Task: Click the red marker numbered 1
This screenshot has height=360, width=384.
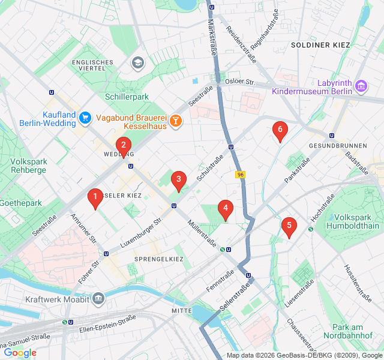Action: pyautogui.click(x=94, y=197)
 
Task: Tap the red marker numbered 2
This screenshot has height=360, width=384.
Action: pyautogui.click(x=123, y=146)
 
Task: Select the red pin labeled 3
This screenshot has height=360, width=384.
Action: pyautogui.click(x=178, y=180)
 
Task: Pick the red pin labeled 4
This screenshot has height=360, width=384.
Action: pyautogui.click(x=225, y=209)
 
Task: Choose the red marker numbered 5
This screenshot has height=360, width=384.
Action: pyautogui.click(x=289, y=226)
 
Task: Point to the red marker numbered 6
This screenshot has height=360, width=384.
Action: pyautogui.click(x=278, y=130)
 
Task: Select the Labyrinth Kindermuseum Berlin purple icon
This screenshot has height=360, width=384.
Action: pyautogui.click(x=361, y=86)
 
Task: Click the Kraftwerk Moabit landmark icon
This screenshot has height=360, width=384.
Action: pyautogui.click(x=98, y=298)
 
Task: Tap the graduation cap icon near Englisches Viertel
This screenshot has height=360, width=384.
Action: pyautogui.click(x=138, y=62)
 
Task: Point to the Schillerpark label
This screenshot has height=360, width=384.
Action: pyautogui.click(x=127, y=97)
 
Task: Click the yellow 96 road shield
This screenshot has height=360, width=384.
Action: pyautogui.click(x=241, y=175)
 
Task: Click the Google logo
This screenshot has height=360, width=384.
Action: pyautogui.click(x=20, y=353)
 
